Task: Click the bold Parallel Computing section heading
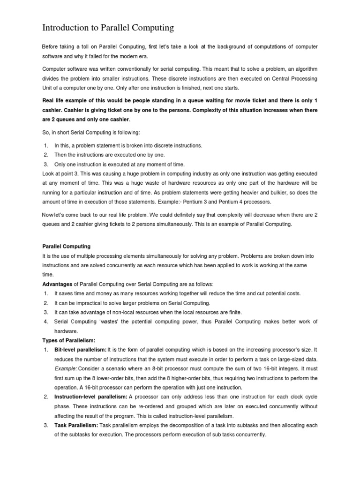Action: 67,246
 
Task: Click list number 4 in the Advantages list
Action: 46,322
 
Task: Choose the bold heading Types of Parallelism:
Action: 68,340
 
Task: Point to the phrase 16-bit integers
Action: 283,369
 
